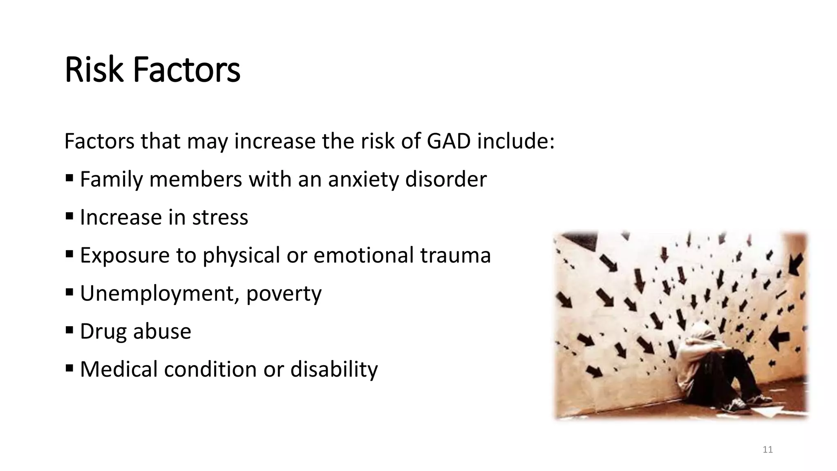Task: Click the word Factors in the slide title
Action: tap(187, 70)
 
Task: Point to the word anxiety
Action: tap(363, 179)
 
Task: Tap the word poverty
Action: tap(284, 294)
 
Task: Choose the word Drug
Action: tap(103, 331)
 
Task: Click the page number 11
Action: tap(768, 450)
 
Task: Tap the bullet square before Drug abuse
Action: tap(69, 330)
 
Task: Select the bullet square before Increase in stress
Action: tap(69, 215)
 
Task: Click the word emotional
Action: tap(364, 255)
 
